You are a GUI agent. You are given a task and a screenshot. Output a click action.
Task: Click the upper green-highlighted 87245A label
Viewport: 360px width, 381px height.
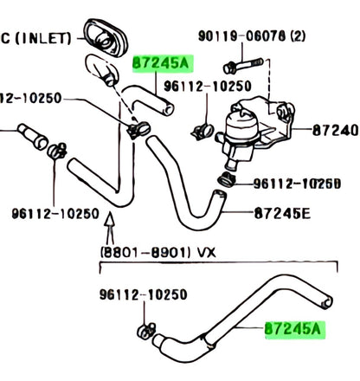pyautogui.click(x=162, y=63)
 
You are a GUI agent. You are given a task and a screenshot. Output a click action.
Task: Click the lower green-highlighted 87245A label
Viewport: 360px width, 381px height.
pyautogui.click(x=294, y=329)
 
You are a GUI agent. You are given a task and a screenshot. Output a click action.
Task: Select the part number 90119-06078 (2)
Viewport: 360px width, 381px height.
pyautogui.click(x=252, y=36)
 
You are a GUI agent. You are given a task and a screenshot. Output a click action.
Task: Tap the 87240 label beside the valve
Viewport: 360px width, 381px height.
pyautogui.click(x=336, y=131)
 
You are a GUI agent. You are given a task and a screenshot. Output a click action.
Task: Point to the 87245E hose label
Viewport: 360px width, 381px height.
pyautogui.click(x=282, y=214)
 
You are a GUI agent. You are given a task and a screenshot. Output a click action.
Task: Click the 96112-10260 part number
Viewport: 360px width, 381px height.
pyautogui.click(x=297, y=184)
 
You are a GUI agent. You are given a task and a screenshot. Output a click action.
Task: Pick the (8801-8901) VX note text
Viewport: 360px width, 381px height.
pyautogui.click(x=157, y=253)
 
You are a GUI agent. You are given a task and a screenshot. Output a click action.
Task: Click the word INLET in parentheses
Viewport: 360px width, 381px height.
pyautogui.click(x=43, y=38)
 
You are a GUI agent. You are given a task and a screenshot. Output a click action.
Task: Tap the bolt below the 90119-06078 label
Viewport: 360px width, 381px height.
pyautogui.click(x=243, y=66)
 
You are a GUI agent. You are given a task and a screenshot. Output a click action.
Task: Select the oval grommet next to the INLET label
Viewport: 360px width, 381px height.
pyautogui.click(x=105, y=37)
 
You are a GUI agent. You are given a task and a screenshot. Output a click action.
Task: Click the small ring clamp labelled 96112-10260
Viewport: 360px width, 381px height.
pyautogui.click(x=227, y=179)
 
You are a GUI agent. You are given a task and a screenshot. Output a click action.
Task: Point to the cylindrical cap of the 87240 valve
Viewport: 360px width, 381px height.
pyautogui.click(x=241, y=126)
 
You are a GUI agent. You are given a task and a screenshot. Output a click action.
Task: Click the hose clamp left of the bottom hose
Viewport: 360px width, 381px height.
pyautogui.click(x=146, y=331)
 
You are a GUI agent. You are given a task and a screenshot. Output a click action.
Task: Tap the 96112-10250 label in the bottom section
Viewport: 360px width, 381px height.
pyautogui.click(x=144, y=294)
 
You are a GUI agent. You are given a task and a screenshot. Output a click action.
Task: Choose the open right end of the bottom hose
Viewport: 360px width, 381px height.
pyautogui.click(x=326, y=303)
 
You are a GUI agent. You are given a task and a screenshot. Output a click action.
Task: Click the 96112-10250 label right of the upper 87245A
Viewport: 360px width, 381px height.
pyautogui.click(x=208, y=86)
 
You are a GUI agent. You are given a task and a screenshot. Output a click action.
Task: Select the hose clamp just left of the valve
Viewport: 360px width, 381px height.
pyautogui.click(x=202, y=132)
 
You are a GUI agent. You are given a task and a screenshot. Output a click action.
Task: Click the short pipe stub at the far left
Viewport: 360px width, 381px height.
pyautogui.click(x=33, y=136)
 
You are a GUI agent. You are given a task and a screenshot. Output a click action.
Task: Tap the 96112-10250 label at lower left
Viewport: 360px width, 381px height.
pyautogui.click(x=55, y=214)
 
